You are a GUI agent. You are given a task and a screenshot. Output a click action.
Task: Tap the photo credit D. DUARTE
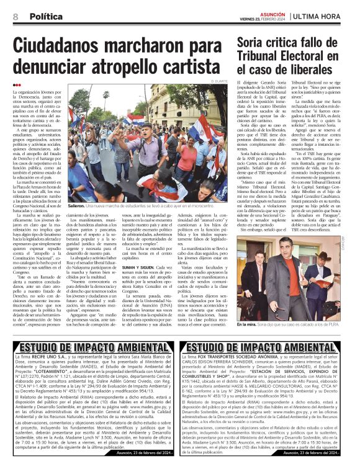[x=220, y=82]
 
